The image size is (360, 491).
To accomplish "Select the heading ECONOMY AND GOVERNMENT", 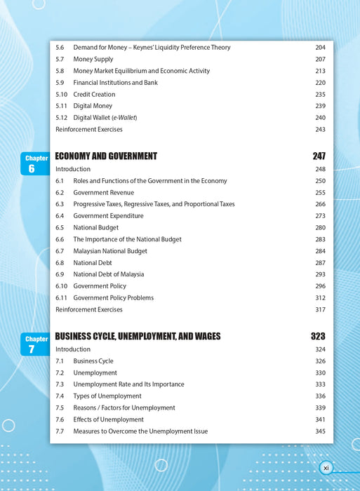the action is tap(106, 156).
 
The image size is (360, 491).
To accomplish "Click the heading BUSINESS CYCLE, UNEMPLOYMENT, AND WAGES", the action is tap(138, 337).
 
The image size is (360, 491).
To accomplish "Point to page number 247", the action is tap(319, 156).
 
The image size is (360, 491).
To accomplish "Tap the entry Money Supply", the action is tap(93, 60).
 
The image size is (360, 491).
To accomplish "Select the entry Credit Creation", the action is tap(94, 95).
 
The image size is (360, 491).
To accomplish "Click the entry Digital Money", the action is tap(93, 106).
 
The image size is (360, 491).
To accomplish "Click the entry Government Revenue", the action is tap(103, 193).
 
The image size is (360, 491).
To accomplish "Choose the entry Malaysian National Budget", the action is tap(110, 251).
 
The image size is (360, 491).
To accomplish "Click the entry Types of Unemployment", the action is tap(107, 396).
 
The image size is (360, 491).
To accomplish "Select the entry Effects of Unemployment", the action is tap(108, 419).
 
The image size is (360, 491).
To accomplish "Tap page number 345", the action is tap(320, 431).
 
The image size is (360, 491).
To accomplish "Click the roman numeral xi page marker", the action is tap(326, 467).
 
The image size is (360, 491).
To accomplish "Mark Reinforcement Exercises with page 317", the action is tap(88, 309).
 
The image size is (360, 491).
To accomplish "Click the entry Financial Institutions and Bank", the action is tap(115, 83).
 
